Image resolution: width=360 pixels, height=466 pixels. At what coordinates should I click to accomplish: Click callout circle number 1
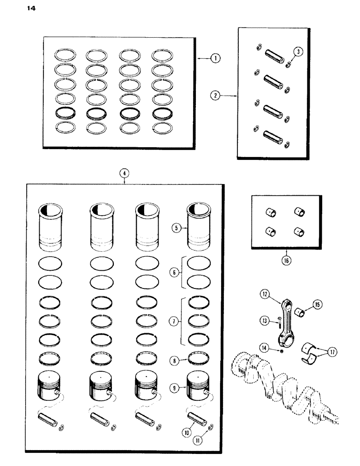215,58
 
